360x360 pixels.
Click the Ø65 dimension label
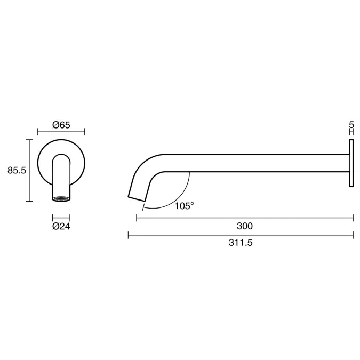coord(61,125)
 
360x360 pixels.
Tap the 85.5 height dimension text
coord(17,170)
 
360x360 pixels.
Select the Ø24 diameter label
coord(61,227)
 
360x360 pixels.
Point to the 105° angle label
coord(185,206)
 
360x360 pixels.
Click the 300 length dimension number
coord(245,226)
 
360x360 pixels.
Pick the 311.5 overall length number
coord(241,243)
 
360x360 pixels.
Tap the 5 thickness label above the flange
coord(351,125)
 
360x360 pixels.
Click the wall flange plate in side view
coord(351,163)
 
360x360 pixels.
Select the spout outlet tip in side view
coord(137,199)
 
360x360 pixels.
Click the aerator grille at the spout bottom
coord(61,198)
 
